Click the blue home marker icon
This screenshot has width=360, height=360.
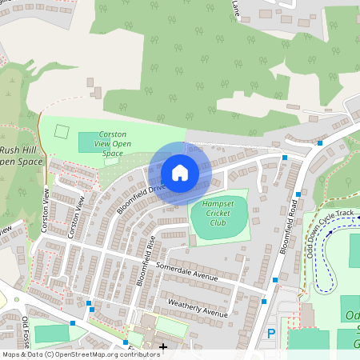pos(180,173)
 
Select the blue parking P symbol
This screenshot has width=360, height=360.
pos(270,333)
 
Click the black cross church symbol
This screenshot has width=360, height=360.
pos(163,346)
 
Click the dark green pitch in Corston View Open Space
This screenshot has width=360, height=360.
pos(90,142)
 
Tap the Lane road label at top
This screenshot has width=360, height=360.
pos(235,8)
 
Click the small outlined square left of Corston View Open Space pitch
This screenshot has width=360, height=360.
pos(62,132)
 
